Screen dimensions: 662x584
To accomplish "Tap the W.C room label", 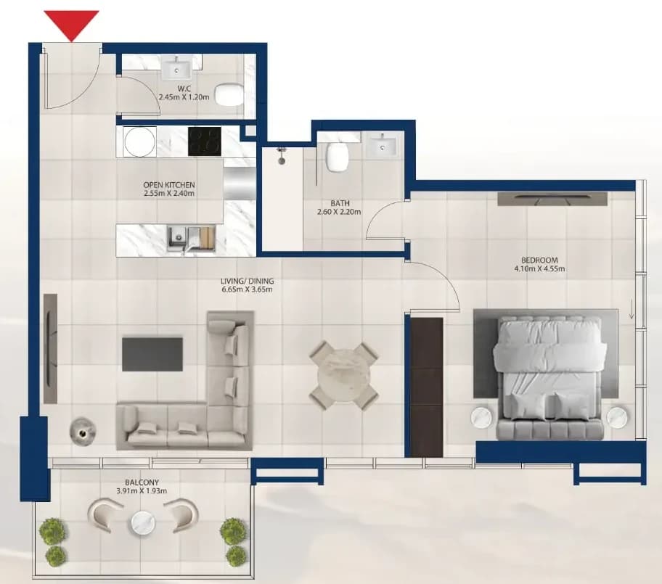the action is click(184, 89).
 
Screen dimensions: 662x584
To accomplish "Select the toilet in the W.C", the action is click(229, 94).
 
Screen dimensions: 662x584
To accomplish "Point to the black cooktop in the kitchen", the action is click(205, 141).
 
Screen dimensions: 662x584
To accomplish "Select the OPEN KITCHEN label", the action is click(169, 185).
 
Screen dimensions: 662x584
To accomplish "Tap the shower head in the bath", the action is click(280, 155).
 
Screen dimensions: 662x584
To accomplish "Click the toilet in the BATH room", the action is click(338, 157).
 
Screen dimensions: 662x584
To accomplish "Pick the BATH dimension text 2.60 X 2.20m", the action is click(339, 212).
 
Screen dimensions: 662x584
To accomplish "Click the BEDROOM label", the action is click(539, 260).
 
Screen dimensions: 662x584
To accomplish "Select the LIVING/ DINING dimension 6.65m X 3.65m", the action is click(247, 289).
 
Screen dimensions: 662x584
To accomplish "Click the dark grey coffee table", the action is click(152, 354).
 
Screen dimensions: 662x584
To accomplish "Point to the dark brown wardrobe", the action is click(426, 387).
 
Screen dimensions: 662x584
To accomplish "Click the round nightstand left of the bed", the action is click(482, 417).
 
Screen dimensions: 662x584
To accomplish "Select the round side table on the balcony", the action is click(143, 523).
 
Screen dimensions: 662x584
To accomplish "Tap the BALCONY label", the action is click(142, 482).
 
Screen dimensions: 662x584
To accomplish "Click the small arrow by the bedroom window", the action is click(632, 309).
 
